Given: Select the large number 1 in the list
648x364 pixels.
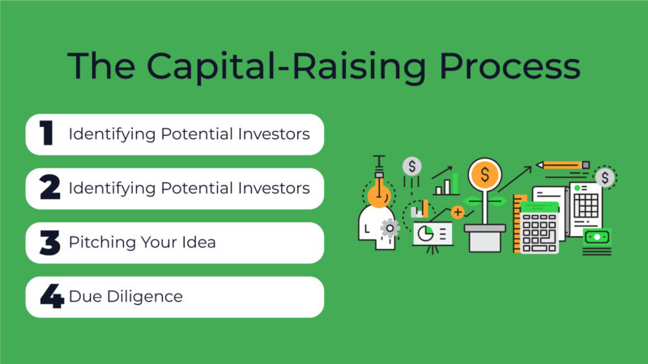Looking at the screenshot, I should coord(46,134).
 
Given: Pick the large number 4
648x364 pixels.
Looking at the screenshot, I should coord(51,297).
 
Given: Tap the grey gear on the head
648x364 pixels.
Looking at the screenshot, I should coord(390,227).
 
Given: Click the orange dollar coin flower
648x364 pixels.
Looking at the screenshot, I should coord(485,173).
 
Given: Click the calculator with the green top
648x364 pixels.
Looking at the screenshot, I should coord(539,227).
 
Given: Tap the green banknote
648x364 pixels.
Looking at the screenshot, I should coord(596,237).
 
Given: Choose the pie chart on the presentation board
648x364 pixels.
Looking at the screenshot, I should coord(425,234).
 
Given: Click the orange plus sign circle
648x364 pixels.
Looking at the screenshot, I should coord(458,212).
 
